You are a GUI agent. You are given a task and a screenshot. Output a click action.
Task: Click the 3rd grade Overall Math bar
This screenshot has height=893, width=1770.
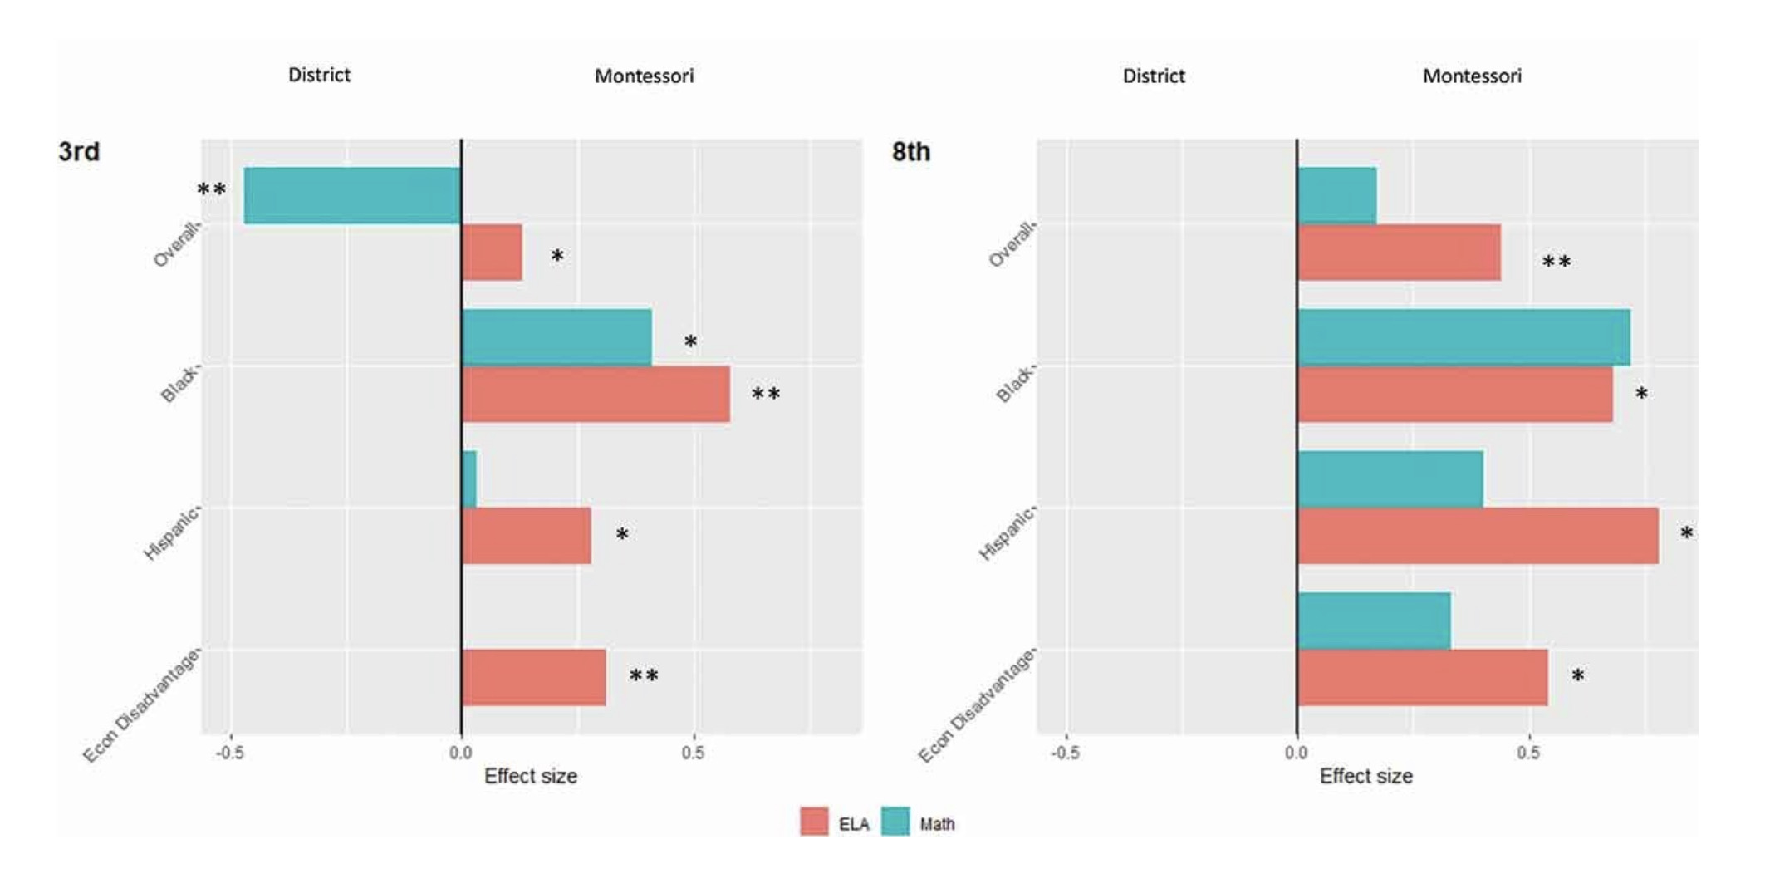pyautogui.click(x=352, y=196)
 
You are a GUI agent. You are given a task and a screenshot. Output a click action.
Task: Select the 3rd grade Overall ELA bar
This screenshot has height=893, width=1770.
pyautogui.click(x=492, y=253)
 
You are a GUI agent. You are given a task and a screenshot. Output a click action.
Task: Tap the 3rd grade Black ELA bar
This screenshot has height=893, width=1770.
pyautogui.click(x=596, y=395)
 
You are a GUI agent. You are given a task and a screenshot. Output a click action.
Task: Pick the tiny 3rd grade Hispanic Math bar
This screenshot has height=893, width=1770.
pyautogui.click(x=469, y=479)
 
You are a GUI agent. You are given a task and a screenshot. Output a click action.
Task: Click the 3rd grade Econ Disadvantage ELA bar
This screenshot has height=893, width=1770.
pyautogui.click(x=533, y=678)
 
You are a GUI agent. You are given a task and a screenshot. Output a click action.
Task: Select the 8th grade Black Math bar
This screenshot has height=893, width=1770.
pyautogui.click(x=1464, y=337)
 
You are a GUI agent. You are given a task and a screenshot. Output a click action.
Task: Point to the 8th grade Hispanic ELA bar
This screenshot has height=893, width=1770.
pyautogui.click(x=1478, y=536)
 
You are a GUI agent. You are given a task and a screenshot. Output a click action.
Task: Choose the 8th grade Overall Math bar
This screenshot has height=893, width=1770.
pyautogui.click(x=1336, y=196)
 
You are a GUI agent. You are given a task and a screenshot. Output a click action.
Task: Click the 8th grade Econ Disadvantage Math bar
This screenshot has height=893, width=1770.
pyautogui.click(x=1374, y=621)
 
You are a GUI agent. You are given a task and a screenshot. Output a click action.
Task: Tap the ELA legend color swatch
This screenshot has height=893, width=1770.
pyautogui.click(x=814, y=822)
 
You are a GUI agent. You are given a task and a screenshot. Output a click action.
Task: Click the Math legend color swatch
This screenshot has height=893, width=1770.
pyautogui.click(x=895, y=822)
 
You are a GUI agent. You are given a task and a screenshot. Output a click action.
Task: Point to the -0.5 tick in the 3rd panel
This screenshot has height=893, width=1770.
pyautogui.click(x=229, y=753)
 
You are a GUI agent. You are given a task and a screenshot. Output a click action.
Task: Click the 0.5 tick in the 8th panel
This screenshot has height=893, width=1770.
pyautogui.click(x=1527, y=753)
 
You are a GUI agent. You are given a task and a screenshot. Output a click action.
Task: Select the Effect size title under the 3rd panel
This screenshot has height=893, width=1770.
pyautogui.click(x=530, y=776)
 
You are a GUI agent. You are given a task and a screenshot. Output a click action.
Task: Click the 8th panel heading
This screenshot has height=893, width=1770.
pyautogui.click(x=910, y=152)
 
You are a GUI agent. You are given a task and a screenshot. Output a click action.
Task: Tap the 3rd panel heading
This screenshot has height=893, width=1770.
pyautogui.click(x=79, y=152)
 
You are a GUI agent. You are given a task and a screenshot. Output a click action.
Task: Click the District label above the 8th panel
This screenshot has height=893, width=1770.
pyautogui.click(x=1154, y=76)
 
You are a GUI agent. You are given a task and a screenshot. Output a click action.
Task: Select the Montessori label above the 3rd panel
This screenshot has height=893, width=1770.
pyautogui.click(x=644, y=76)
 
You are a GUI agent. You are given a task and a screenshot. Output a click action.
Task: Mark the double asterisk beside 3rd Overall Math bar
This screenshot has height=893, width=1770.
pyautogui.click(x=211, y=191)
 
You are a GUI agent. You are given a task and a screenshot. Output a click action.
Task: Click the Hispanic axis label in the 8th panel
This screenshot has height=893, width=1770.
pyautogui.click(x=1007, y=533)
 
